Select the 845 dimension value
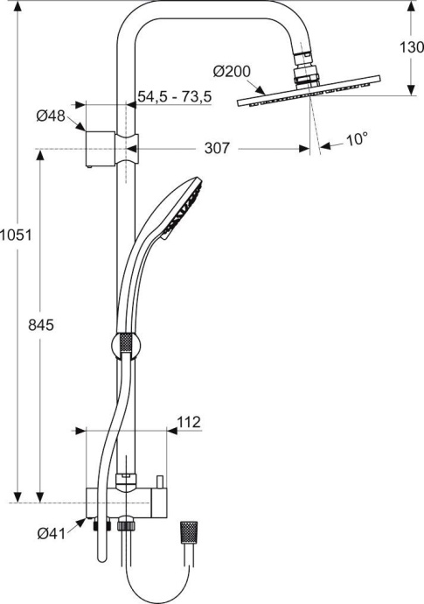pyautogui.click(x=41, y=325)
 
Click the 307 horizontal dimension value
pyautogui.click(x=217, y=149)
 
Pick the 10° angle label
pyautogui.click(x=358, y=138)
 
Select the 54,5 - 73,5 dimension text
pyautogui.click(x=174, y=97)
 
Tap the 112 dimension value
pyautogui.click(x=189, y=422)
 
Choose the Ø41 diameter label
pyautogui.click(x=52, y=533)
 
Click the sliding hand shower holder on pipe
pyautogui.click(x=125, y=346)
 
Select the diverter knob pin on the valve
pyautogui.click(x=162, y=482)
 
